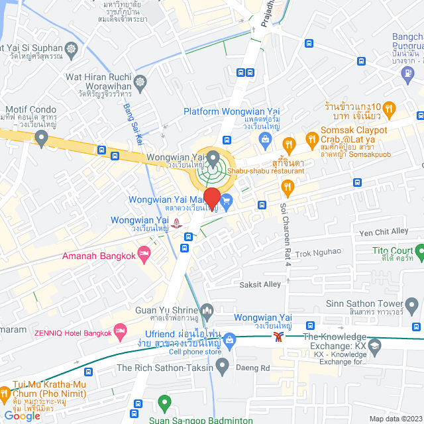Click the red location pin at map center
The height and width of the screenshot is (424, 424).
(x=212, y=197)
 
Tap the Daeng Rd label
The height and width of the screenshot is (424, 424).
(x=256, y=368)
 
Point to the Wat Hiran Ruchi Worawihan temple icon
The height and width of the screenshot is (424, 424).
(x=140, y=81)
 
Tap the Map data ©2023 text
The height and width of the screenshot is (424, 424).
(x=395, y=419)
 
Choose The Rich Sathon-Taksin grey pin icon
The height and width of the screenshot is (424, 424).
(x=222, y=366)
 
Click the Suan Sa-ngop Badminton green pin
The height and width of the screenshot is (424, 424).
(x=164, y=403)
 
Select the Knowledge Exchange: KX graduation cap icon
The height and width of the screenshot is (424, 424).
(x=374, y=346)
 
